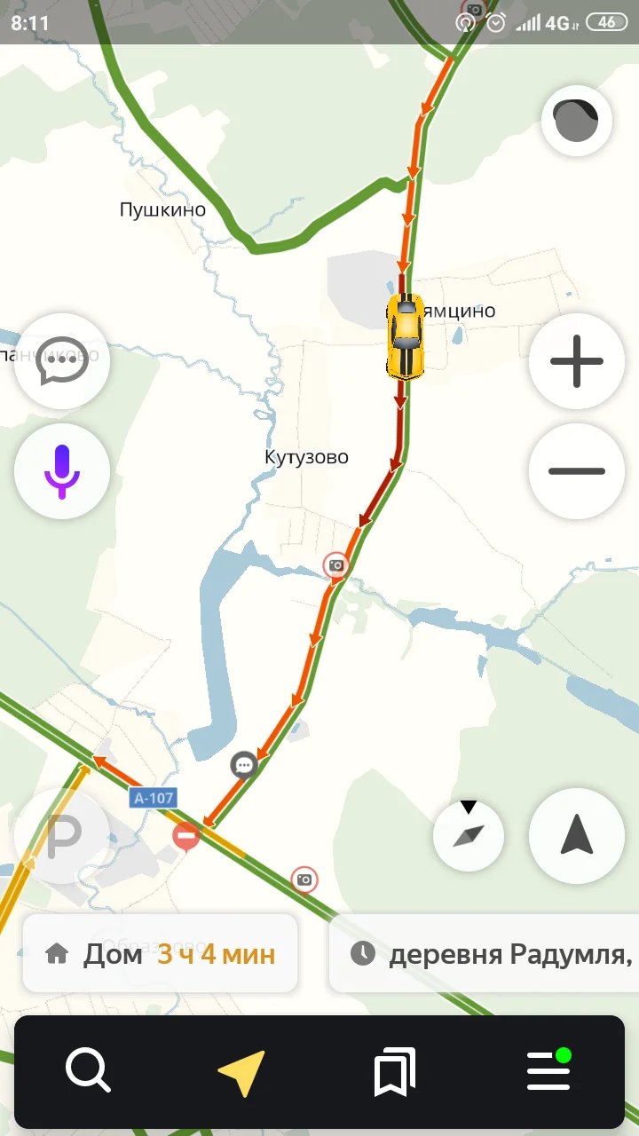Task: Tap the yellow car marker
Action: point(405,337)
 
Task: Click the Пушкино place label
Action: point(162,210)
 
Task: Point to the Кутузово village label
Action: point(306,458)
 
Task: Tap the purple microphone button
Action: point(62,471)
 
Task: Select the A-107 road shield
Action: point(154,798)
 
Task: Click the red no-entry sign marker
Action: point(186,835)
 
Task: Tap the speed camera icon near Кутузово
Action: point(336,565)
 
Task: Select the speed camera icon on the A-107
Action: point(304,880)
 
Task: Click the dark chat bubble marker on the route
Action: point(244,764)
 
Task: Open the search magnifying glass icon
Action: point(88,1071)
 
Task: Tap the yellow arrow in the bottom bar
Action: point(242,1072)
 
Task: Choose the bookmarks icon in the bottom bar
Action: point(395,1071)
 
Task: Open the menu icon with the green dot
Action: point(548,1070)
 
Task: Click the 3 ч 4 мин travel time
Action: point(217,955)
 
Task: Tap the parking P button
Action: point(62,835)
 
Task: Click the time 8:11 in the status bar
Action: point(30,23)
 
